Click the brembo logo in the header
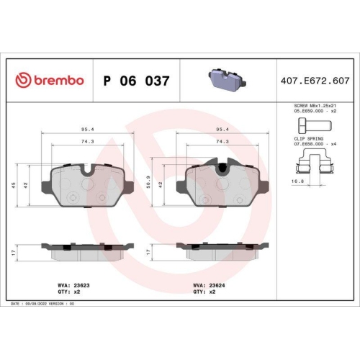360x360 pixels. click(50, 81)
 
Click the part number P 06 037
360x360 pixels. click(137, 81)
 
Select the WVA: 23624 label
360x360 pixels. click(207, 285)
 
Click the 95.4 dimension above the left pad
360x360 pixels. click(86, 130)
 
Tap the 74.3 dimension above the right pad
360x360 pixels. click(222, 142)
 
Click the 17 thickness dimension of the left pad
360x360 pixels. click(16, 251)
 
